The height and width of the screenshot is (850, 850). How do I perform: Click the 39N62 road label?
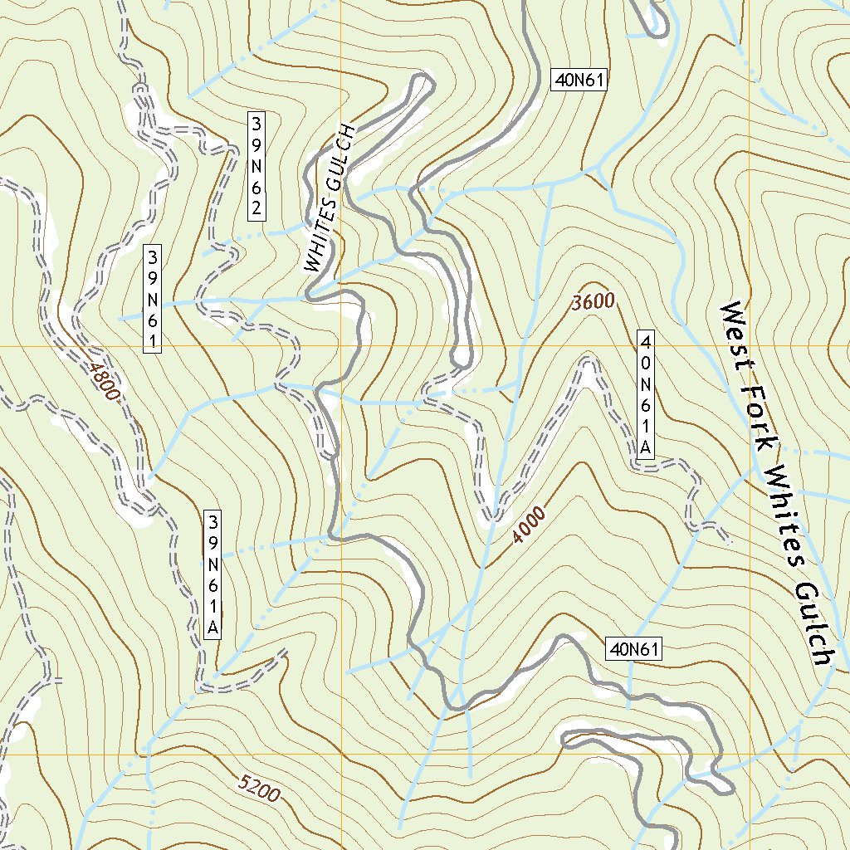tap(256, 166)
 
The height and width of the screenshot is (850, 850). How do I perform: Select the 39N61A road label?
tap(213, 574)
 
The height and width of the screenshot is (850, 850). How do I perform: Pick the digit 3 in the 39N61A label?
tap(213, 522)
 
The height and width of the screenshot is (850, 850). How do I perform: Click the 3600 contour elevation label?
tap(593, 302)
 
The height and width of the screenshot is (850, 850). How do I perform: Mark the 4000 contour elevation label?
tap(529, 525)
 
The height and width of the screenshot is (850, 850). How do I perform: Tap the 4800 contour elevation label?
tap(100, 379)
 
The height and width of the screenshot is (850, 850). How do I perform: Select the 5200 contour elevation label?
tap(258, 787)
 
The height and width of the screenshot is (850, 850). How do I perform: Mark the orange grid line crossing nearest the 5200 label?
tap(341, 755)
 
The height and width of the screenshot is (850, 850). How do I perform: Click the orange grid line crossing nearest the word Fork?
tap(750, 346)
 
